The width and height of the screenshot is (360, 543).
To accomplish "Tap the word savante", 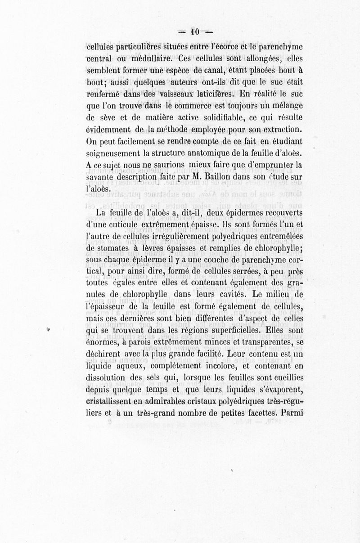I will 100,178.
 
